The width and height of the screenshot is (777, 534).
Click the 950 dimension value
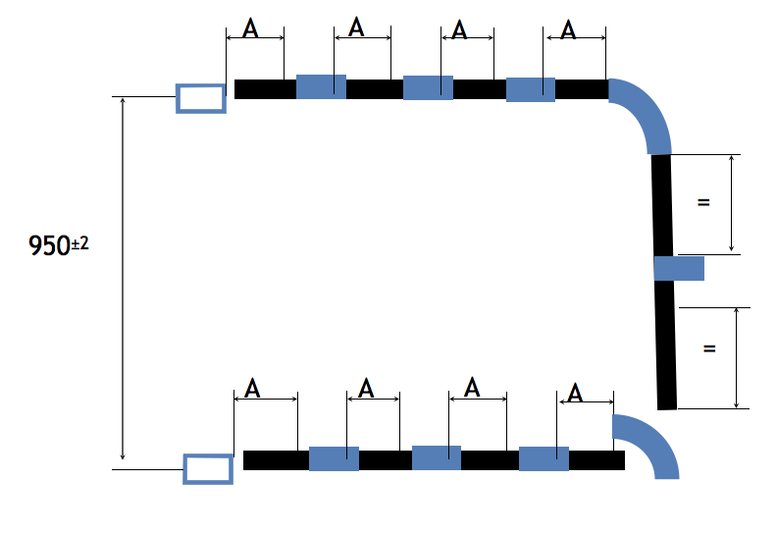(50, 245)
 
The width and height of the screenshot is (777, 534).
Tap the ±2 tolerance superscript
(80, 243)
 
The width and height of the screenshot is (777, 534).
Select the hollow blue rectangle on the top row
(201, 99)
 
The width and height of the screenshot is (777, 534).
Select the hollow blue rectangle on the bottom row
(208, 469)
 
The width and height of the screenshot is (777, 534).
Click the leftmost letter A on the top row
(250, 28)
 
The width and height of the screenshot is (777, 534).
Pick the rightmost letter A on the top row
(568, 29)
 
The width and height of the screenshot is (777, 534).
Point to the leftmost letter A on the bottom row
(252, 388)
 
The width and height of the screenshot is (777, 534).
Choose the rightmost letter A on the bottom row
(574, 394)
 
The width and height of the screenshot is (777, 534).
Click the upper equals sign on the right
(703, 202)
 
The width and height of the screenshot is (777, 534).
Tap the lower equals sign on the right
(709, 348)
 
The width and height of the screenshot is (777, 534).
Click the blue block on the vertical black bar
(679, 268)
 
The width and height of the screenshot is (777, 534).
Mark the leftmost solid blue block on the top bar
(321, 86)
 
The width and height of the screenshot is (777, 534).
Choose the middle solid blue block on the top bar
(428, 87)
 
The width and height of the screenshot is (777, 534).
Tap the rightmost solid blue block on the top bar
(531, 89)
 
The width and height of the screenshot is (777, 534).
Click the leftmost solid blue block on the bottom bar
(334, 458)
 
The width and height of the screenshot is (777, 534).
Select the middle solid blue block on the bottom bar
(437, 457)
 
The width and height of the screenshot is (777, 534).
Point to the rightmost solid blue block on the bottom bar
(544, 458)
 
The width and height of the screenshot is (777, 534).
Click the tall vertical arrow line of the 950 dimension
(123, 279)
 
